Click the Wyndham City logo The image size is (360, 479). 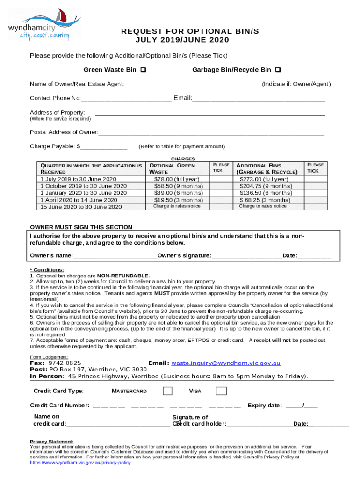point(43,24)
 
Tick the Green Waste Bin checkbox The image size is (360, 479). point(143,70)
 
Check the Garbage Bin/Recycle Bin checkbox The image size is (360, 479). point(278,70)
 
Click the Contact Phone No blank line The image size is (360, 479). point(126,99)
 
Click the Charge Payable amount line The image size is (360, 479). point(103,147)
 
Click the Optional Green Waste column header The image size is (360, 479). point(172,169)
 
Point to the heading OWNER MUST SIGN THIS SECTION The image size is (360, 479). point(81,228)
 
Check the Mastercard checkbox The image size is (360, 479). point(167,391)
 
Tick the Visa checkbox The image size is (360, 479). point(221,391)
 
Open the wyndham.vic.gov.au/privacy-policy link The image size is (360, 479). point(80,462)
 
